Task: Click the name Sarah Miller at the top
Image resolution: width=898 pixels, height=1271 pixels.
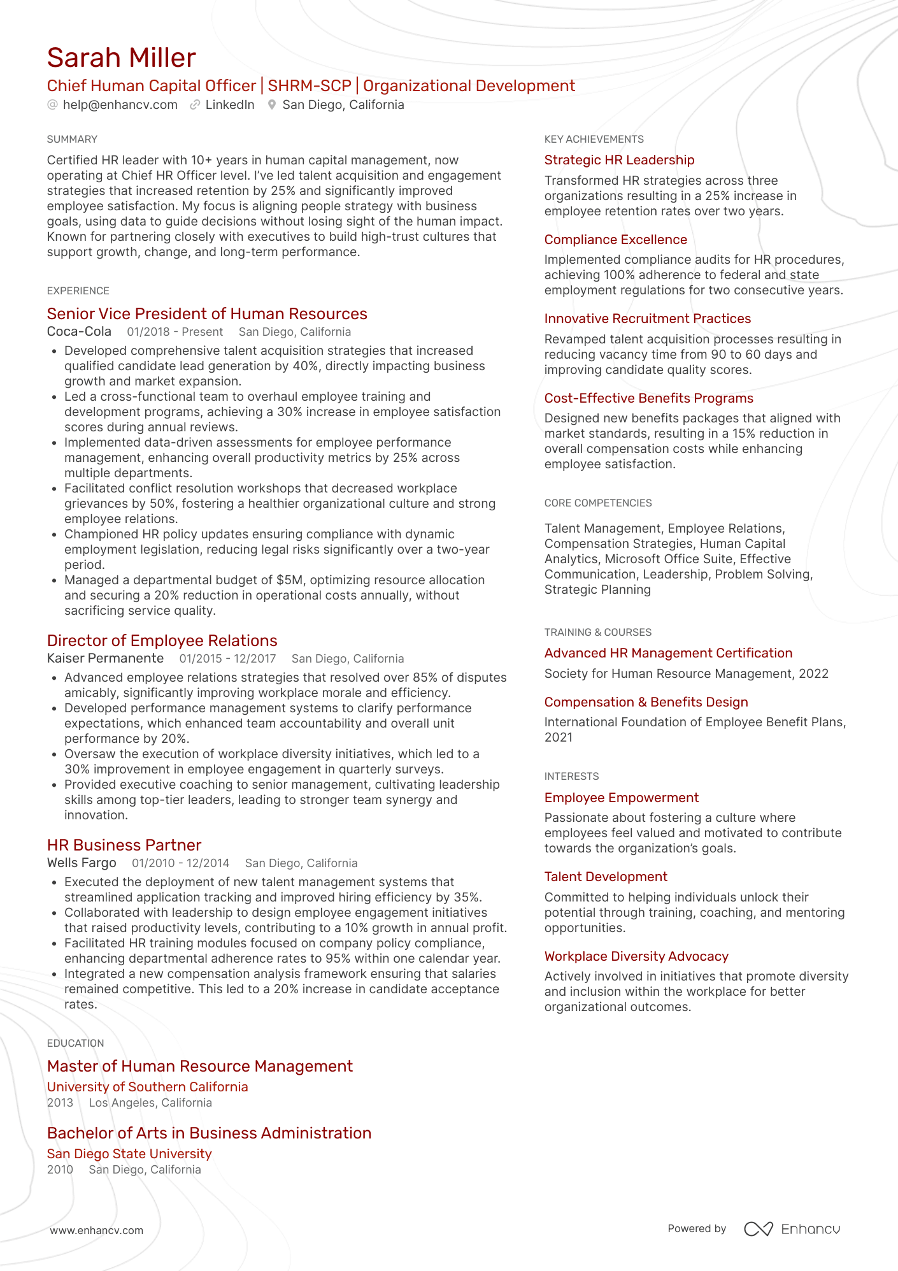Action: (121, 58)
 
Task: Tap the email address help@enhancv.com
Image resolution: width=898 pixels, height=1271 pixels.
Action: (120, 105)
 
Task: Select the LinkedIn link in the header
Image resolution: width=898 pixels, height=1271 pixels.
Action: (229, 105)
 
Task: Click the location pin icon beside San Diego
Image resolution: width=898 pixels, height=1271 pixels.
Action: (272, 105)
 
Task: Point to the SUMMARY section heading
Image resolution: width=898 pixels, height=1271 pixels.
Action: (72, 140)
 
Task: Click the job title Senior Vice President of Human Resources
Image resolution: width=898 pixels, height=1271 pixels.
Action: (207, 314)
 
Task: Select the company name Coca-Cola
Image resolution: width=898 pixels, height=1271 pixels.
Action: (79, 332)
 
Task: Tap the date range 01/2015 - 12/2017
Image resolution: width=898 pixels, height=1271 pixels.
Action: (227, 659)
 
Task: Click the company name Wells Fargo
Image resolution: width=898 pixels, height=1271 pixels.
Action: (82, 863)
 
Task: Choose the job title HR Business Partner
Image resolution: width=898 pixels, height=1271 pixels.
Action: (124, 845)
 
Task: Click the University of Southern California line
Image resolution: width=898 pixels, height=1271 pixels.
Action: (147, 1087)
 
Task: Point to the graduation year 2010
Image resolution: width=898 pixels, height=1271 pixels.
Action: (60, 1170)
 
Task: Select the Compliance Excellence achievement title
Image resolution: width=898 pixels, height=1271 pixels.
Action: (615, 240)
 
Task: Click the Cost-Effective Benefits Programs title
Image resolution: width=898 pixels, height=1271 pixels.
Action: (648, 399)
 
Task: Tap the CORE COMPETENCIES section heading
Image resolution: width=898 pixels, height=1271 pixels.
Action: (597, 503)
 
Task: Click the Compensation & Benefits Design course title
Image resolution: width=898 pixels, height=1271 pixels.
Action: (646, 702)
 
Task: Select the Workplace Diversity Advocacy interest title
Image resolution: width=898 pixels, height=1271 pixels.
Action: (636, 956)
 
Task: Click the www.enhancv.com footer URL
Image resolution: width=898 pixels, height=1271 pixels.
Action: (97, 1230)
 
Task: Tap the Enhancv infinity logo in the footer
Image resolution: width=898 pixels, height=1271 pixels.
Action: (758, 1229)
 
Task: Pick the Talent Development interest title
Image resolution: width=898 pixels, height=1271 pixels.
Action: (605, 877)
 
